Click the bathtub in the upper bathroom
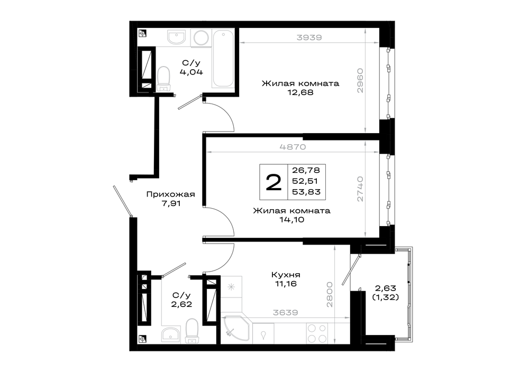tap(223, 59)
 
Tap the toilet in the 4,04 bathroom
tap(163, 79)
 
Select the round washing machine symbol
tap(201, 38)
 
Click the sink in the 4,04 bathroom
tap(177, 37)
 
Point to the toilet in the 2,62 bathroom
tap(192, 331)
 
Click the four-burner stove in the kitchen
tap(317, 333)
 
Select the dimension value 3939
tap(309, 38)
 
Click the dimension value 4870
tap(293, 147)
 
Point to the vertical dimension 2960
tap(360, 80)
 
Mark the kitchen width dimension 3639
tap(285, 313)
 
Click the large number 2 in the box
tap(273, 183)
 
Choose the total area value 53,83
tap(306, 192)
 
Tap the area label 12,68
tap(300, 92)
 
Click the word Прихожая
tap(171, 194)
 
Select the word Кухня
tap(286, 275)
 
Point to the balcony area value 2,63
tap(385, 288)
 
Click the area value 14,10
tap(291, 220)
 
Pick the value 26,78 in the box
tap(306, 170)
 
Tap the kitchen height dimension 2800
tap(330, 294)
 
